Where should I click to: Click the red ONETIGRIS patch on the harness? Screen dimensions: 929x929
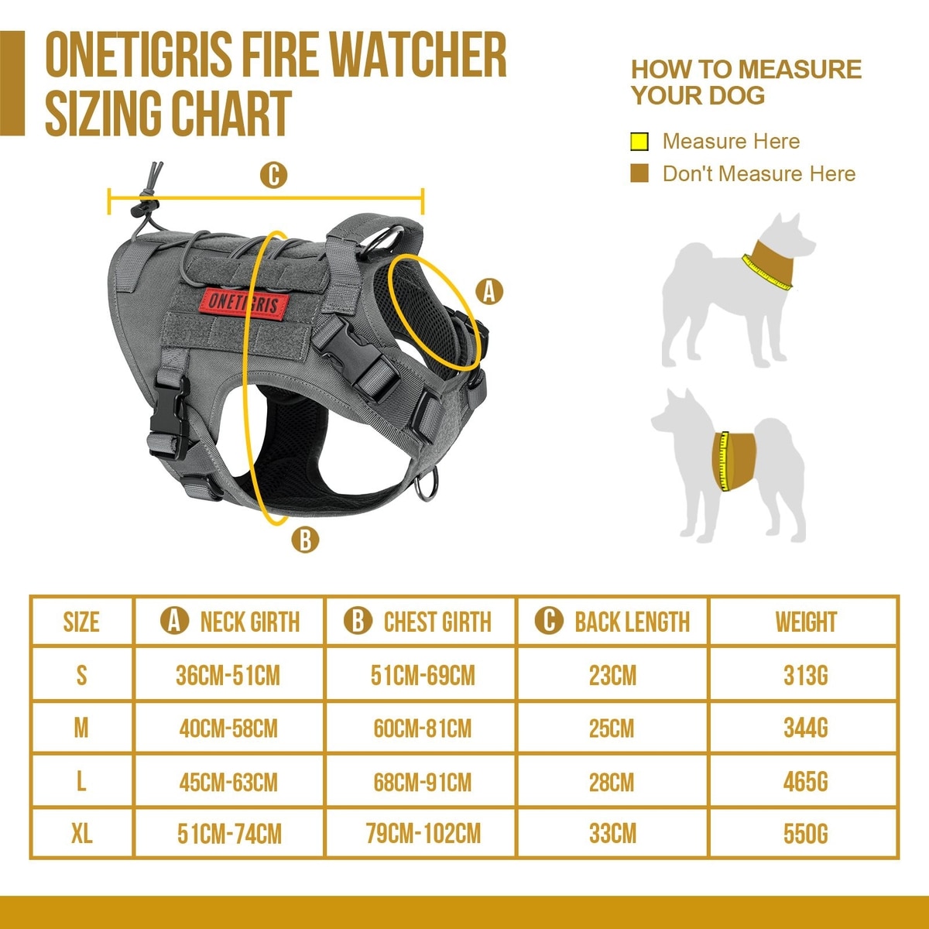(x=245, y=303)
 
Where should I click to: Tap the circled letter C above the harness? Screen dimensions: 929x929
(x=273, y=175)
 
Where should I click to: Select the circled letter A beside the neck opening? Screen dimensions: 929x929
(x=488, y=292)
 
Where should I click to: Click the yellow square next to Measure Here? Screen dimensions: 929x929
(x=639, y=142)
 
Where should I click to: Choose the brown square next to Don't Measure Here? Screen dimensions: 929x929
(x=639, y=173)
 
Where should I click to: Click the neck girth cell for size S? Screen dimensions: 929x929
(x=228, y=675)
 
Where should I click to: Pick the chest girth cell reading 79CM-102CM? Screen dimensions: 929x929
(x=423, y=833)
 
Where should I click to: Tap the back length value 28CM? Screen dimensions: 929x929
(x=612, y=782)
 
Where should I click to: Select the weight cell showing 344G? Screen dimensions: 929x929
(x=806, y=728)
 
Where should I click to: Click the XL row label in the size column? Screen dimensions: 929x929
(x=81, y=833)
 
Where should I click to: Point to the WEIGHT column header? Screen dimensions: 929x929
(x=806, y=622)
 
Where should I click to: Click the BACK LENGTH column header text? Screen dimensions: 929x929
(x=632, y=622)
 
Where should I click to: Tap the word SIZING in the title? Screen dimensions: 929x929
(x=102, y=113)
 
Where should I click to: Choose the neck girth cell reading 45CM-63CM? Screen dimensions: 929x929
(x=228, y=782)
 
